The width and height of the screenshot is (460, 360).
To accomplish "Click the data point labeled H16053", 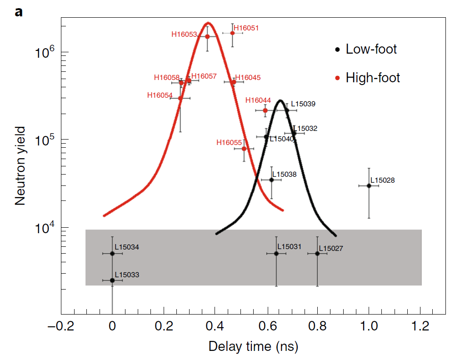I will click(x=207, y=36).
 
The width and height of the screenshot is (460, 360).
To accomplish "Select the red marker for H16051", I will click(x=232, y=33).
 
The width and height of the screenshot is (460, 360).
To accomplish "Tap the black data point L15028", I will click(x=369, y=185).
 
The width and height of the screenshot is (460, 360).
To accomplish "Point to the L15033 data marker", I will click(x=112, y=280).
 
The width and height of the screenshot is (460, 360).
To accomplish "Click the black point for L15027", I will click(x=317, y=253).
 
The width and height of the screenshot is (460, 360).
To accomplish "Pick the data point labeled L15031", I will click(x=276, y=253).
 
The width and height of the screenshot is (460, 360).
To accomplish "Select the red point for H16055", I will click(x=244, y=149).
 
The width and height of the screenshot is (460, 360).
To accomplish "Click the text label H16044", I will click(x=258, y=100).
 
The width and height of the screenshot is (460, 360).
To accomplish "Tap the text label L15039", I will click(x=303, y=104).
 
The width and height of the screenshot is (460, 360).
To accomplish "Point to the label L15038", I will click(x=284, y=174).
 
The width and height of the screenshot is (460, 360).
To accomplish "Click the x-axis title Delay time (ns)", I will click(x=253, y=347).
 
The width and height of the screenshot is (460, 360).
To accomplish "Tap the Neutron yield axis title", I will click(x=20, y=166).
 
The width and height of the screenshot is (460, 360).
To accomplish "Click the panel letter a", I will click(x=19, y=12).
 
